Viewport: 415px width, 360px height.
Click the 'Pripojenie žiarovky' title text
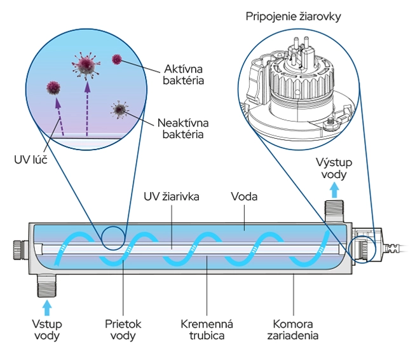293,17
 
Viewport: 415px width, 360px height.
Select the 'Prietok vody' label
123,330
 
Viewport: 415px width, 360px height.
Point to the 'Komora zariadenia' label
292,330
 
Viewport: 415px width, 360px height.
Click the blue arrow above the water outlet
334,189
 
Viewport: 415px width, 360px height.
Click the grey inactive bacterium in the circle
119,109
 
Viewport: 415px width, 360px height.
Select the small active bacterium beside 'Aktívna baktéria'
116,60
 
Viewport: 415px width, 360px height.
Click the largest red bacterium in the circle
85,64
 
